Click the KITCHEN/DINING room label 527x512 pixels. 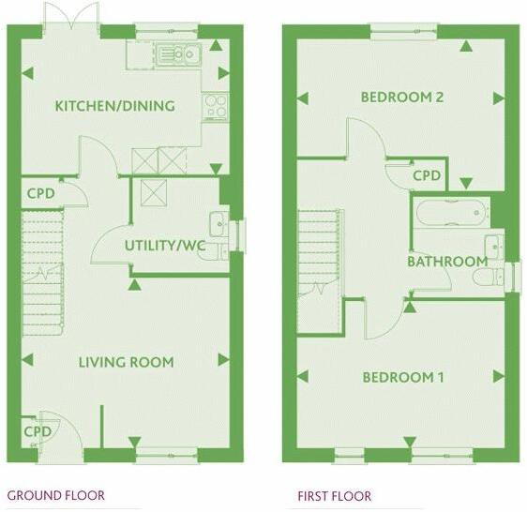coord(114,106)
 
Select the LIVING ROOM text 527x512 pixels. coord(126,362)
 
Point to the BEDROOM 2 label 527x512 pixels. coord(402,98)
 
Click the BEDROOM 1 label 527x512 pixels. coord(403,378)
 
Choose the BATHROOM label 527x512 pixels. coord(446,262)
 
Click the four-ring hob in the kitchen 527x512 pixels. coord(215,106)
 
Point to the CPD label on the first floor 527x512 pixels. coord(427,175)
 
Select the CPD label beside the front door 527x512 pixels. coord(38,431)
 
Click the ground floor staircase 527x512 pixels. coord(43,272)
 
